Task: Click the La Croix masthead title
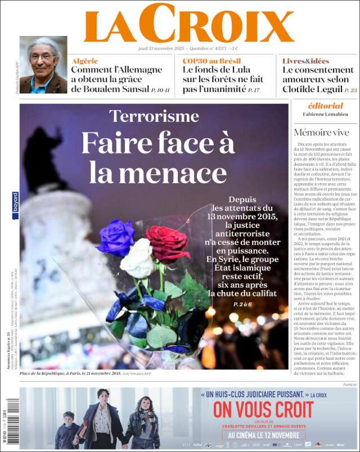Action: pos(188,24)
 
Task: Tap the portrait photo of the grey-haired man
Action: pos(43,65)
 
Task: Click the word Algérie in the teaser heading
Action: pos(85,61)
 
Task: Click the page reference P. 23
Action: pos(350,90)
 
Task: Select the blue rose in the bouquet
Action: pos(115,237)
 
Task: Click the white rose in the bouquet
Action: pos(137,259)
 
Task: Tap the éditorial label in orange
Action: pos(325,106)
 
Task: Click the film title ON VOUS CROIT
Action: pos(263,409)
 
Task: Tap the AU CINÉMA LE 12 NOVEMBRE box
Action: pos(263,435)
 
